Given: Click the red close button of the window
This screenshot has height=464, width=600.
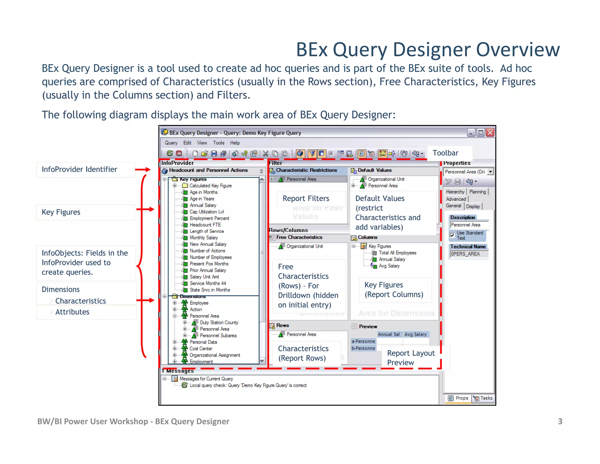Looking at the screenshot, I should pos(490,133).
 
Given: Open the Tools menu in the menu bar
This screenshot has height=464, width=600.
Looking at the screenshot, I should pos(219,143).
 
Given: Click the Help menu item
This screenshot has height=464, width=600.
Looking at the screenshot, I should pos(235,143).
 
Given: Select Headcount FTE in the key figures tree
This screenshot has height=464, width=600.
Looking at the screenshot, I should pos(205,225).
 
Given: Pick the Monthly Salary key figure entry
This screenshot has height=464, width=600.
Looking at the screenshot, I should pos(204,238).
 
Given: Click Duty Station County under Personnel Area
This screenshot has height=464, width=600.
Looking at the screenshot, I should pos(219,322).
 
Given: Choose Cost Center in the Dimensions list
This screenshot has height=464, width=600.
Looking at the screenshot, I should pos(201,348).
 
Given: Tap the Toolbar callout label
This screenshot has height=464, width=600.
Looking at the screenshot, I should pos(445,153).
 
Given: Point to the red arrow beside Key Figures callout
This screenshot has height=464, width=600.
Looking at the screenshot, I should pos(145,209).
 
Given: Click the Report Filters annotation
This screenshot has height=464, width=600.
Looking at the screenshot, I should pos(306,199).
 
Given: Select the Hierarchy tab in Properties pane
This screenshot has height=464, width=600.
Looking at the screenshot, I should pos(455,192).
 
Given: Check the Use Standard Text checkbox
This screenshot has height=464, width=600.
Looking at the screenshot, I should pos(452,235).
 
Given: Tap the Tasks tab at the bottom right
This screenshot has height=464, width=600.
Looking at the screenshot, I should pos(483,398).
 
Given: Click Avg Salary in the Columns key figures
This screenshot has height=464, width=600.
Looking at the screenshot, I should pos(389,266).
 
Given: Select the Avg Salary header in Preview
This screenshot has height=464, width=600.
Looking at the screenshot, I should pos(415,334).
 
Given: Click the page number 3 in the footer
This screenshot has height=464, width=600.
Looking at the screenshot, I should pos(560,421).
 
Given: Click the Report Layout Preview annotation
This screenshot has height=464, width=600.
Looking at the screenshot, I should pos(411,358).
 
